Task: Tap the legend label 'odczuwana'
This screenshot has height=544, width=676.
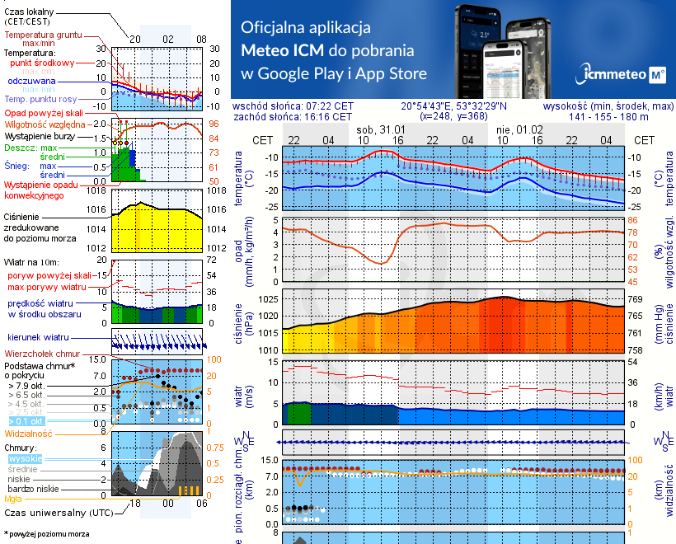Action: (x=31, y=82)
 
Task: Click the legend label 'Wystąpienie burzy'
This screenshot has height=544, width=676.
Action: (x=44, y=134)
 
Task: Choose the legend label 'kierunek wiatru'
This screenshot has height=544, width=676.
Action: (x=38, y=338)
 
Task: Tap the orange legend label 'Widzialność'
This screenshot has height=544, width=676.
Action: (x=28, y=433)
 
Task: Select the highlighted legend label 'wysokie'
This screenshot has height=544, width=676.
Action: (x=24, y=458)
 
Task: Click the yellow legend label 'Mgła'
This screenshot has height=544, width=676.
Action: (x=13, y=499)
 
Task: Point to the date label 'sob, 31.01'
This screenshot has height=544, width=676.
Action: (x=380, y=130)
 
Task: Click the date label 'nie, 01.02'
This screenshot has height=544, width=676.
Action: (x=518, y=130)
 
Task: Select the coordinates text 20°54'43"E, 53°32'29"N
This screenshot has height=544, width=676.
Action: (x=453, y=106)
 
